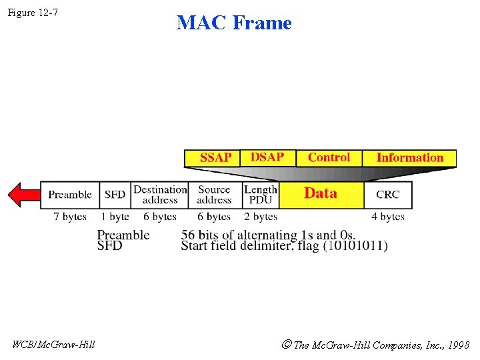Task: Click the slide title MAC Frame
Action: tap(234, 23)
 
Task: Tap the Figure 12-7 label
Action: tap(33, 12)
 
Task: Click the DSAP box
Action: tap(267, 157)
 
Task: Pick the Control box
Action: tap(329, 157)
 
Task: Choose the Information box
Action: tap(409, 158)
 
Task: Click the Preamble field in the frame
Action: tap(70, 195)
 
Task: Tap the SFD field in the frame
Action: tap(115, 195)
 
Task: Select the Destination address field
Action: tap(160, 195)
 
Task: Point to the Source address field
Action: tap(214, 195)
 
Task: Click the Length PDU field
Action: tap(260, 195)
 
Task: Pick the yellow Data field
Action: tap(321, 194)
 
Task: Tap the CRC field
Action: tap(388, 195)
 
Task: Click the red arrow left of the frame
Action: tap(23, 195)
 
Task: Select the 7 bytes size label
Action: tap(70, 217)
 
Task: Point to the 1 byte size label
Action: tap(115, 217)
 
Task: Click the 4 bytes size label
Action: tap(388, 217)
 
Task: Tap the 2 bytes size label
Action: tap(261, 217)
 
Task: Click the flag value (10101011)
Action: tap(355, 246)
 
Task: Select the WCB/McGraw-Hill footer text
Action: tap(54, 345)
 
